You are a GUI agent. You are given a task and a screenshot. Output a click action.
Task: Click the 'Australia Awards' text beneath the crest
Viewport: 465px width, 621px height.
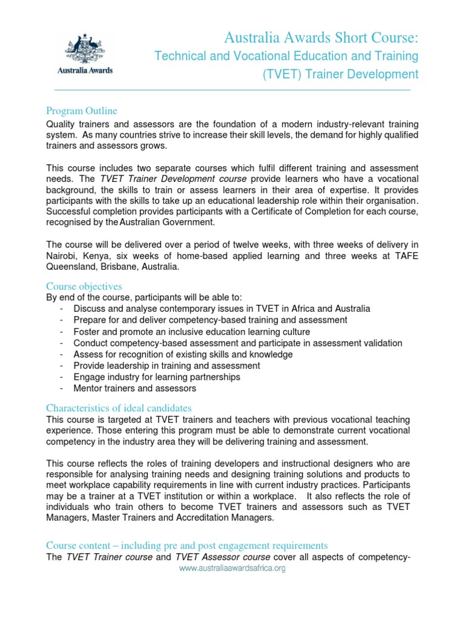click(84, 70)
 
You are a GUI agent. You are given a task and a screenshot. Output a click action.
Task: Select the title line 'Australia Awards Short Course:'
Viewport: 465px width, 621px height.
click(321, 38)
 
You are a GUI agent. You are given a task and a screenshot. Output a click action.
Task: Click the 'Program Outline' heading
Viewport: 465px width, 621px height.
click(82, 111)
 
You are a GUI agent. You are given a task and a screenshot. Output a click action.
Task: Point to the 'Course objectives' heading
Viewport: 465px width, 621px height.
click(84, 286)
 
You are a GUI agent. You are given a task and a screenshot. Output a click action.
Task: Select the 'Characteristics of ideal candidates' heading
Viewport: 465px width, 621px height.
click(119, 408)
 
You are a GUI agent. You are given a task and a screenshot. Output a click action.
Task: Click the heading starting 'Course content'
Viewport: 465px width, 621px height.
click(187, 545)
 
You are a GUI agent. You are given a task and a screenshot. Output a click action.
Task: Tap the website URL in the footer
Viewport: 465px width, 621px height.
click(232, 569)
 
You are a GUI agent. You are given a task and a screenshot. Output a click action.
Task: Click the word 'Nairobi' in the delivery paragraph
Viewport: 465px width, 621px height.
click(63, 256)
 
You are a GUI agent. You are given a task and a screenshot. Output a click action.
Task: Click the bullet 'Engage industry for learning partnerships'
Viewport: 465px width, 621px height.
click(157, 377)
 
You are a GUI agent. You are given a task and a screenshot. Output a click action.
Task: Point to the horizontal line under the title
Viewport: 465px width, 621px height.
click(232, 90)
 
